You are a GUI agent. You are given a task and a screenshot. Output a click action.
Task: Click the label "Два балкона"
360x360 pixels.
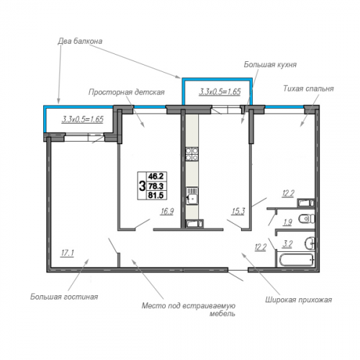[x=80, y=41]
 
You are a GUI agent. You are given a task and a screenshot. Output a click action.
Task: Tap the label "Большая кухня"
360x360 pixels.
[x=270, y=65]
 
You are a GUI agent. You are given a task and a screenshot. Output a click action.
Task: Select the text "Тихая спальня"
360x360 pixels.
[x=308, y=89]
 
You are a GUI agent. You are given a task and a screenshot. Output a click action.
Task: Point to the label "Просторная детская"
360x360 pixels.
[x=127, y=92]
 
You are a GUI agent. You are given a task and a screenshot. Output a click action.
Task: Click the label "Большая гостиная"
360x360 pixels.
[x=64, y=297]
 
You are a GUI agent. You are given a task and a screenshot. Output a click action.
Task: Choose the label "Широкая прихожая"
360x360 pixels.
[x=299, y=300]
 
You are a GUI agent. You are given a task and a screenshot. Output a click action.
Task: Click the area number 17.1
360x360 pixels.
[x=68, y=253]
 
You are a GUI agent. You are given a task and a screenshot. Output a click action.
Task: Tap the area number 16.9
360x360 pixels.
[x=167, y=212]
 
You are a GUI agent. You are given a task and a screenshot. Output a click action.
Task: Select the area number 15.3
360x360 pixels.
[x=238, y=212]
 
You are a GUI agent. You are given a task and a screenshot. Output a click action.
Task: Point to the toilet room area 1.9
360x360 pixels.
[x=287, y=222]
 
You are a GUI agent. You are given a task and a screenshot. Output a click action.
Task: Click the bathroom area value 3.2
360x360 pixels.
[x=287, y=244]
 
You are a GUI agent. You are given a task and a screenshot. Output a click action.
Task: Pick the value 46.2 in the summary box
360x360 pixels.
[x=156, y=176]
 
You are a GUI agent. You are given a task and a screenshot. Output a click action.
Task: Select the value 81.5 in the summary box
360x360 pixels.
[x=156, y=195]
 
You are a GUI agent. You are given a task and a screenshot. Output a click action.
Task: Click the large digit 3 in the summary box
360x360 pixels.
[x=142, y=186]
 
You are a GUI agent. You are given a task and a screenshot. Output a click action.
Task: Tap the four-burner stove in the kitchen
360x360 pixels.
[x=192, y=154]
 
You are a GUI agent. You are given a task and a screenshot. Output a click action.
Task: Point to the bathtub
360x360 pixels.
[x=296, y=259]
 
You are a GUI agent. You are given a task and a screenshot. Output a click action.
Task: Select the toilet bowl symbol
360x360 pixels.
[x=307, y=219]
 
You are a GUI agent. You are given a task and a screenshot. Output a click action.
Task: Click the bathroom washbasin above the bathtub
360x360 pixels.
[x=310, y=244]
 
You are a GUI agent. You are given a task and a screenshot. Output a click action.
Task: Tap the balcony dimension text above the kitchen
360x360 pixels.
[x=220, y=91]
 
